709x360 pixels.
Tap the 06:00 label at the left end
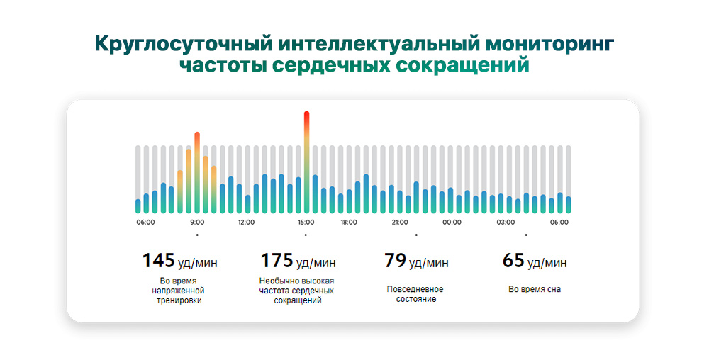[146, 222]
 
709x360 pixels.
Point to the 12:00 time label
[246, 222]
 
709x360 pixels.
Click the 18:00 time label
[349, 222]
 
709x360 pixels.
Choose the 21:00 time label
[400, 222]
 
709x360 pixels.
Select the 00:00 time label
[452, 222]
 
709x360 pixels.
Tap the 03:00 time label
[506, 222]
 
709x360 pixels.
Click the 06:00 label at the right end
[559, 222]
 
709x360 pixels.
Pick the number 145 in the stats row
[158, 261]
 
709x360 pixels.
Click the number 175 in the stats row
[277, 261]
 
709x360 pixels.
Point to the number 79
[394, 261]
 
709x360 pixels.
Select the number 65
[513, 261]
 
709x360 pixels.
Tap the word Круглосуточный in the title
[180, 44]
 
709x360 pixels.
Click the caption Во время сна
[535, 289]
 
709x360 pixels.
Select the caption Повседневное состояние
[415, 294]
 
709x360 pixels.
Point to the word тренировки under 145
[179, 300]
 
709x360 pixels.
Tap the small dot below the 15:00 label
[306, 235]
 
